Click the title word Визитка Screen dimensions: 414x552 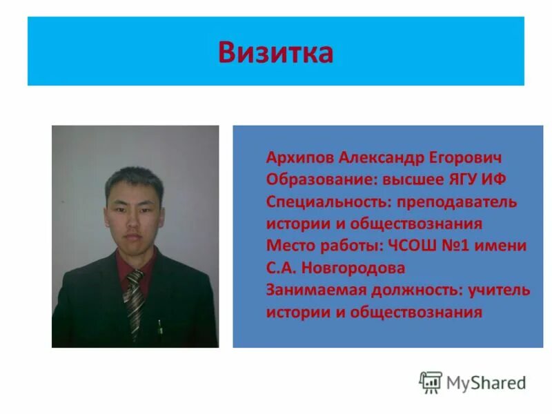(x=275, y=52)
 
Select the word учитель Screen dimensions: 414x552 (x=499, y=290)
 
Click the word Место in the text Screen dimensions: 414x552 (x=287, y=246)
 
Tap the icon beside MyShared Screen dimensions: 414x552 (x=431, y=382)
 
